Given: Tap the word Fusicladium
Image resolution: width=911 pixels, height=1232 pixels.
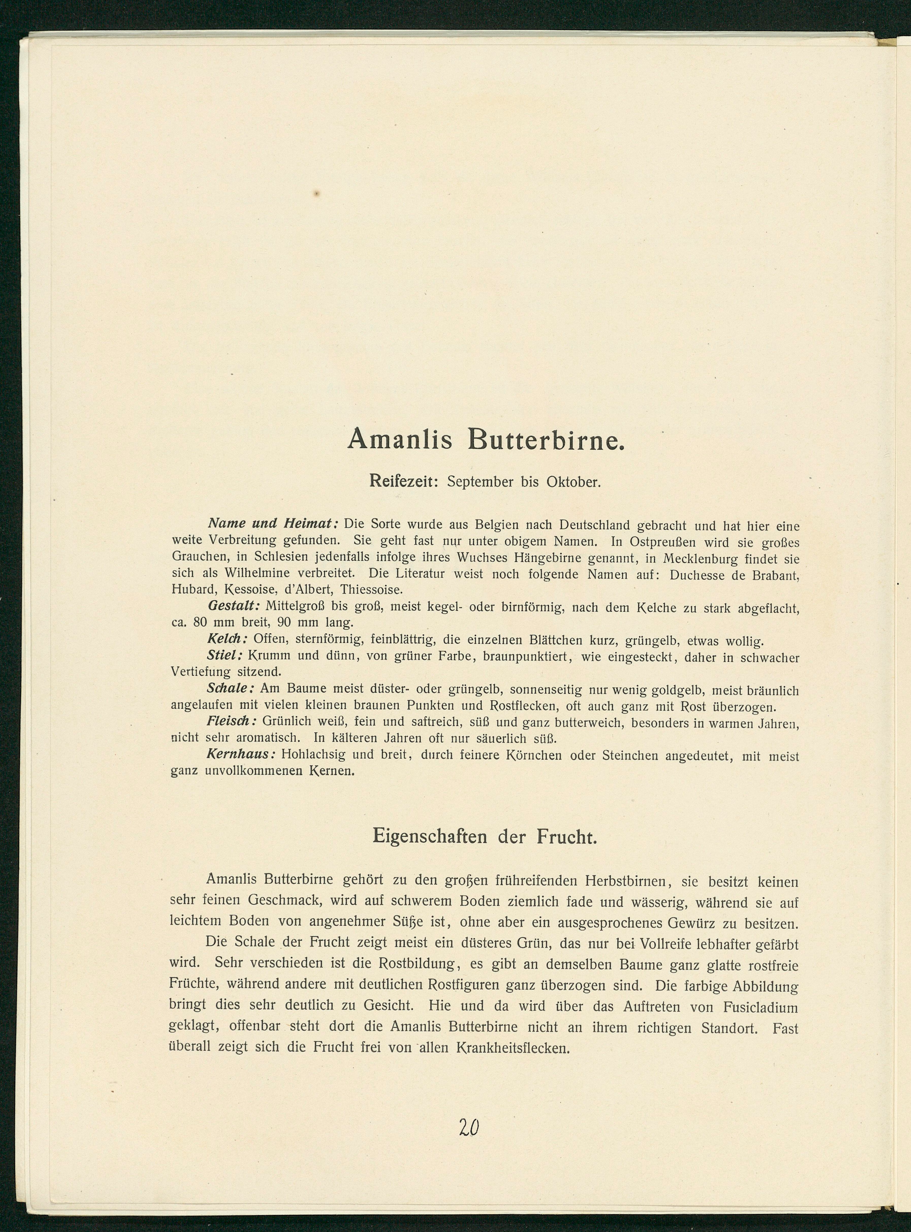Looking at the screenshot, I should point(760,1007).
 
